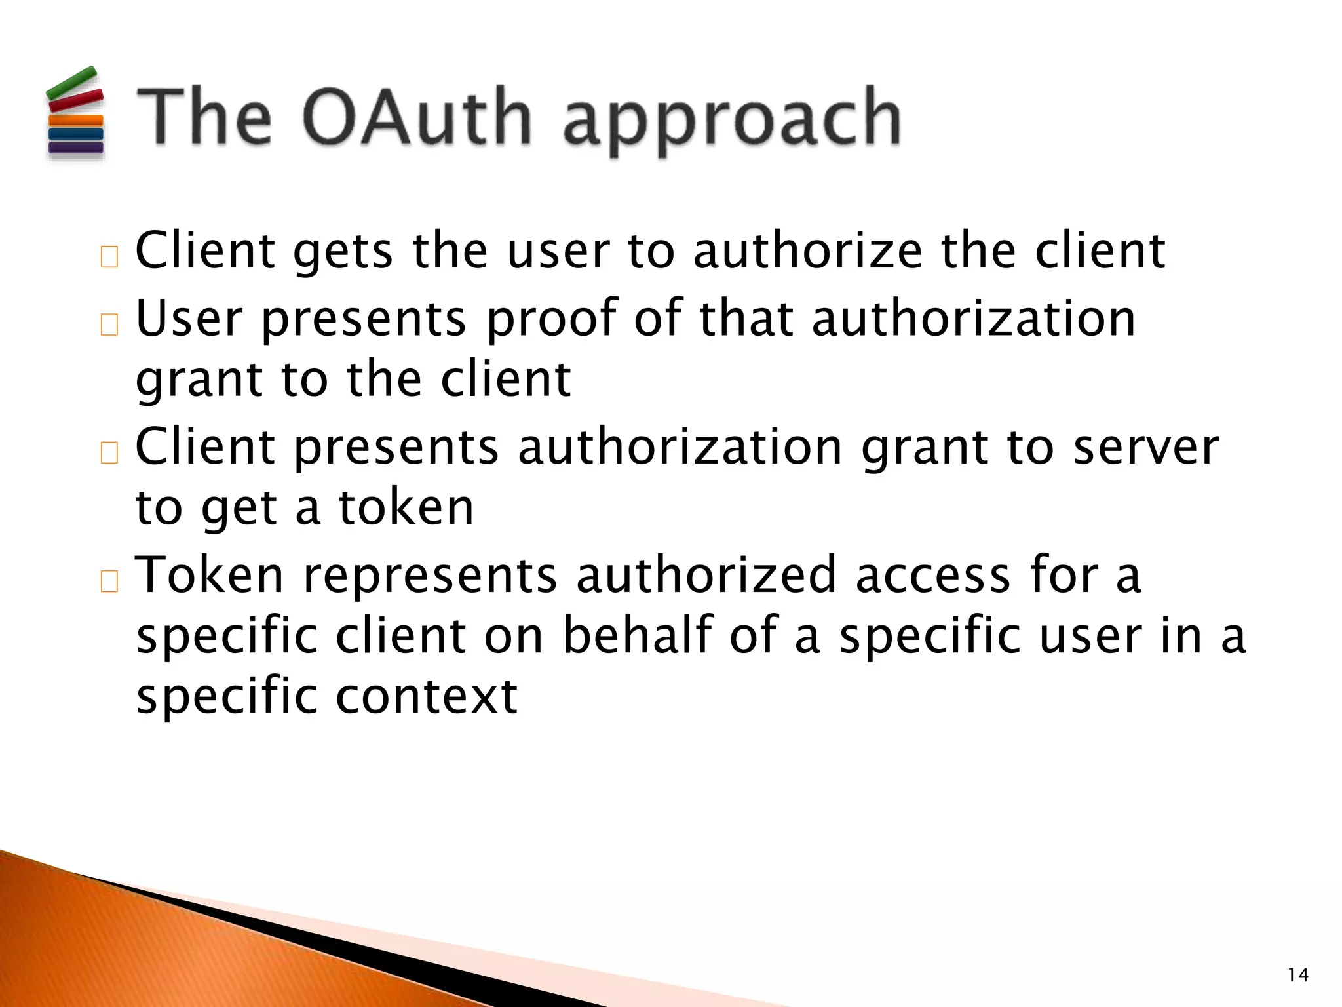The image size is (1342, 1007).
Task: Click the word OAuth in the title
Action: [x=417, y=118]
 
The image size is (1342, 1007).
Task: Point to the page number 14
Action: [x=1298, y=975]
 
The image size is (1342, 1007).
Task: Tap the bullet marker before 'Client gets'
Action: [x=109, y=257]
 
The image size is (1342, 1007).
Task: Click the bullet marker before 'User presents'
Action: [x=109, y=325]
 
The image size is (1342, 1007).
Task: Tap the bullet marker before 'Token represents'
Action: [x=109, y=581]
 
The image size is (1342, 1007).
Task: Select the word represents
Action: [x=430, y=576]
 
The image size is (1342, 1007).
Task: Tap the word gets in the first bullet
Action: [x=343, y=252]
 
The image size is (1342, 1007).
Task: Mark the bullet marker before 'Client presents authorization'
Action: [x=109, y=452]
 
